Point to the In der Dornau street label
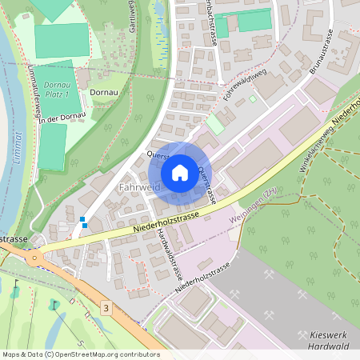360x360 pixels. pyautogui.click(x=62, y=118)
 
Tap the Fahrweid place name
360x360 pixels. pyautogui.click(x=139, y=187)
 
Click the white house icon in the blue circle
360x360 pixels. pyautogui.click(x=180, y=172)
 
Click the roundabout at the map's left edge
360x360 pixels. pyautogui.click(x=34, y=257)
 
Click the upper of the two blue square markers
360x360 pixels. pyautogui.click(x=82, y=218)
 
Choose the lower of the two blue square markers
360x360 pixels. pyautogui.click(x=85, y=225)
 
